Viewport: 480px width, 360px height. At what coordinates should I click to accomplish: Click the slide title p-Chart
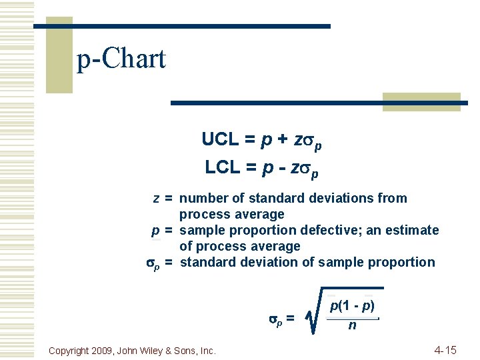(121, 59)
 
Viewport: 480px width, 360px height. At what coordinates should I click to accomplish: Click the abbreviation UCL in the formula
(220, 140)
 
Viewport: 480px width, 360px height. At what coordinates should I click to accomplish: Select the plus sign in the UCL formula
(283, 140)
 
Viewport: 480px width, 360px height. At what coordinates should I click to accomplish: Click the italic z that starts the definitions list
(156, 198)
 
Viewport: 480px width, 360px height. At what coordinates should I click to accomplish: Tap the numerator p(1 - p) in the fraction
(352, 307)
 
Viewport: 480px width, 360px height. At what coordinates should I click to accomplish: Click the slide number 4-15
(445, 350)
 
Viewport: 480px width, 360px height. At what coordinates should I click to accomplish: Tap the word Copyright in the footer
(71, 350)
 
